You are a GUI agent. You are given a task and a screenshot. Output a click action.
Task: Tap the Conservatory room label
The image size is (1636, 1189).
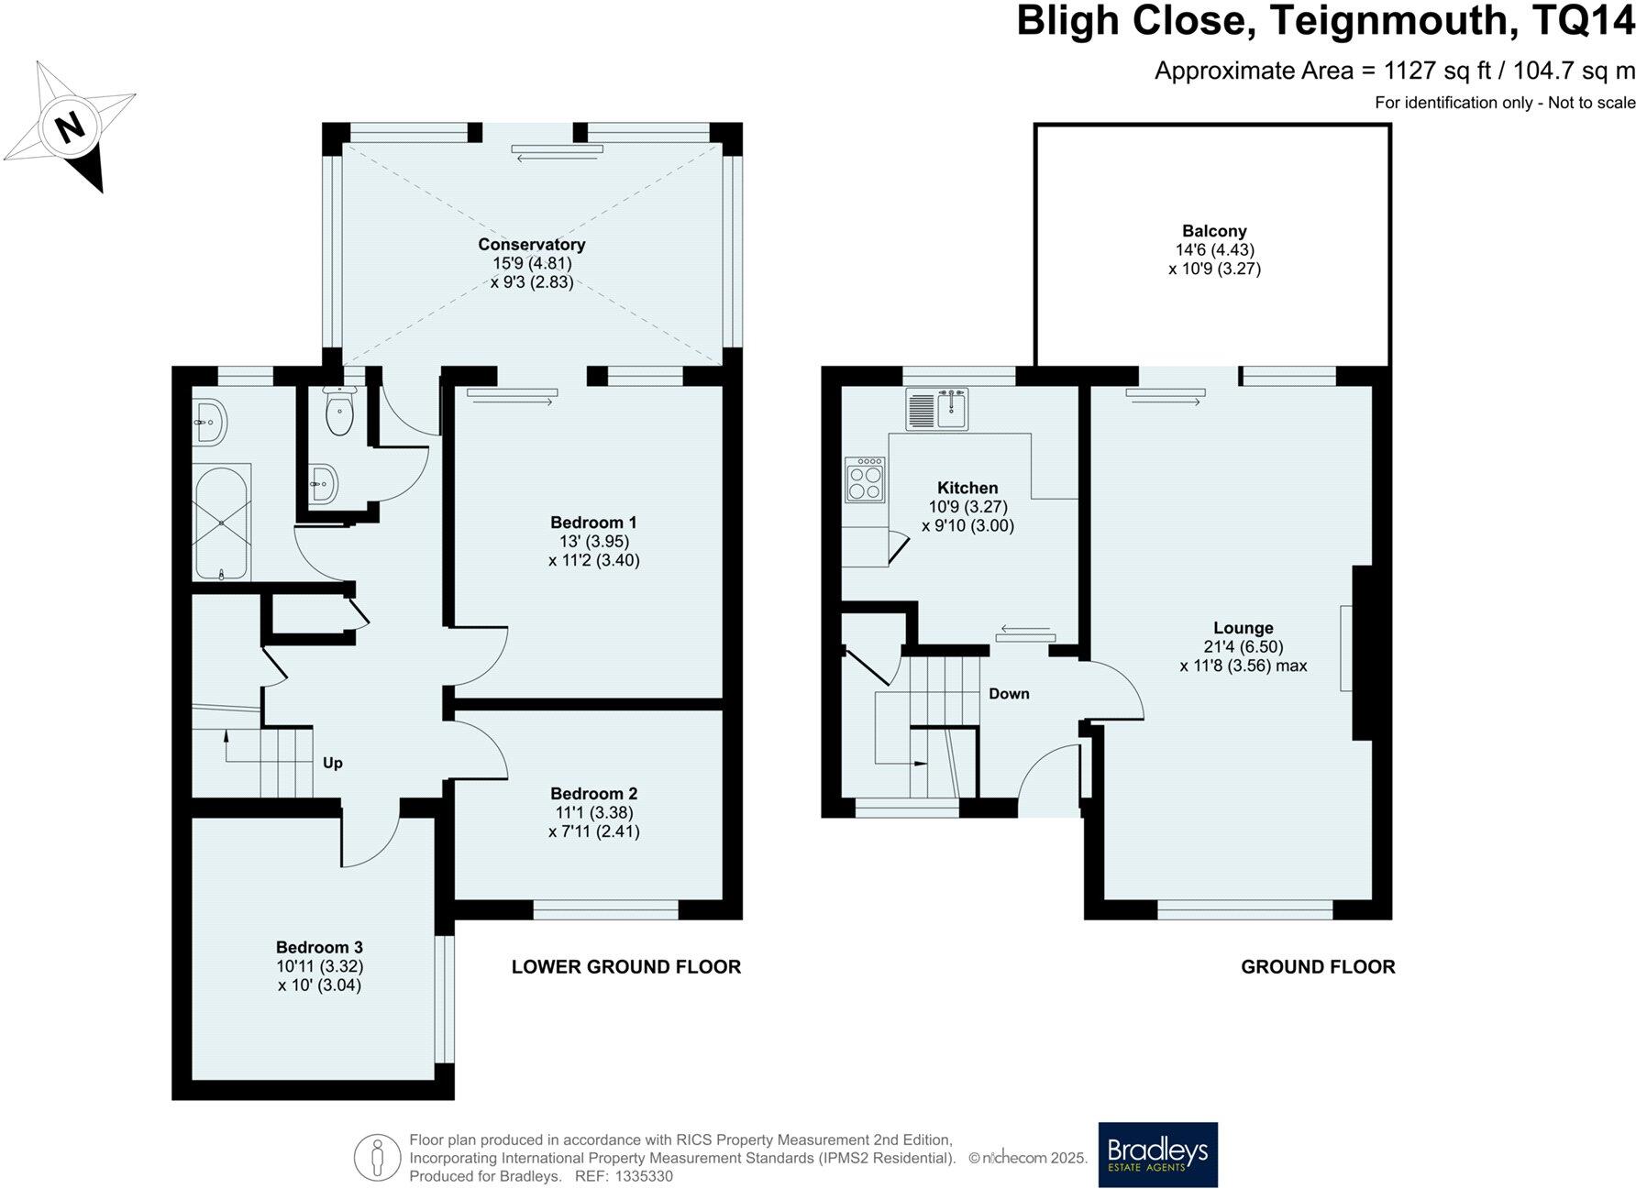pos(532,245)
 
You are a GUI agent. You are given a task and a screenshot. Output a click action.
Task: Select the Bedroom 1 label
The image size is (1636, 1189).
pos(593,523)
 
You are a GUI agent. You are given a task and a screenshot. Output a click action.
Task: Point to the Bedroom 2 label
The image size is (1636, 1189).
pos(593,794)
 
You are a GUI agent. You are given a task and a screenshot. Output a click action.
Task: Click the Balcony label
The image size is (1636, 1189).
pos(1214,231)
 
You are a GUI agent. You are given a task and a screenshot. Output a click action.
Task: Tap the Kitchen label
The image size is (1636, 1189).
pos(967,488)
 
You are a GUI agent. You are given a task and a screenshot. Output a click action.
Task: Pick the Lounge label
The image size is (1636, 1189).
pos(1244,628)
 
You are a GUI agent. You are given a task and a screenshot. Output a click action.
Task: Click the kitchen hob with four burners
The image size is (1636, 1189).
pos(865,479)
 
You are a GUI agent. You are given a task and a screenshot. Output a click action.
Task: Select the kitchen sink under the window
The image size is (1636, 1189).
pos(937,409)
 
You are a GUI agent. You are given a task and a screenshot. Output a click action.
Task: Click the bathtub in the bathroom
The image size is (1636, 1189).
pos(221,522)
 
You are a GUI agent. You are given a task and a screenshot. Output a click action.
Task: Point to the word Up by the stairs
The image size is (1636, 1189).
pos(333,763)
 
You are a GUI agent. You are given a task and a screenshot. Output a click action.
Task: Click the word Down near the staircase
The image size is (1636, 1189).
pos(1009,694)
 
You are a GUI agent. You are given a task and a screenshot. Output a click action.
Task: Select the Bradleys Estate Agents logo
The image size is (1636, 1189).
pos(1158,1153)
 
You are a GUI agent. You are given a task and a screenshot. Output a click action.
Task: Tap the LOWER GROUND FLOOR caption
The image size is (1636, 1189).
pos(626,966)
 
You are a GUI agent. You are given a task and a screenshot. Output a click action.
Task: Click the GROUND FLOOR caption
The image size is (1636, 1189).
pos(1318,966)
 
